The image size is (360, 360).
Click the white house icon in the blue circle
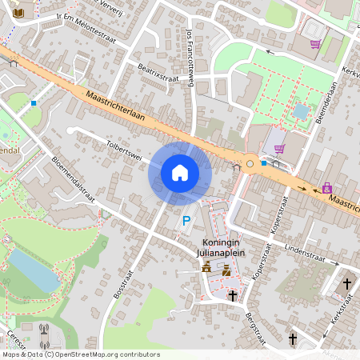pyautogui.click(x=180, y=172)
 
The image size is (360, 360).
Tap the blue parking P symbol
pyautogui.click(x=186, y=221)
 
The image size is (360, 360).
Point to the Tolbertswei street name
pyautogui.click(x=124, y=150)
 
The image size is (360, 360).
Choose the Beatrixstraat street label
pyautogui.click(x=157, y=73)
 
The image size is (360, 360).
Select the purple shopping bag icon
pyautogui.click(x=327, y=188)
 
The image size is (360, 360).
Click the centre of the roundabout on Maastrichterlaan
pyautogui.click(x=250, y=163)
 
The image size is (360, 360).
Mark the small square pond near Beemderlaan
pyautogui.click(x=301, y=111)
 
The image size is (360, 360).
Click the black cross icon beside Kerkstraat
pyautogui.click(x=346, y=284)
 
